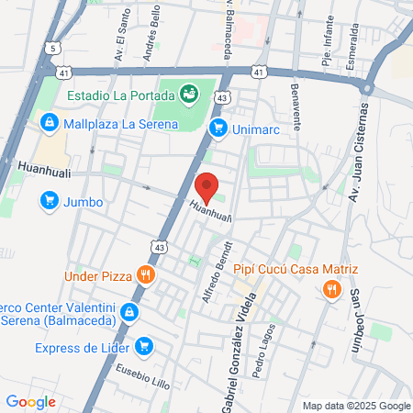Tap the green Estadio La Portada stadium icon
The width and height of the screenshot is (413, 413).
point(190,93)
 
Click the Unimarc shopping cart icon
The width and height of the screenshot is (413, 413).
point(218,129)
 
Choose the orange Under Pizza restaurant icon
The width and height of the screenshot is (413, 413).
point(144,274)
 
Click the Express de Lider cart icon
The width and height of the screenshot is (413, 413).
point(142,347)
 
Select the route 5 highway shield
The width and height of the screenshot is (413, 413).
point(54,47)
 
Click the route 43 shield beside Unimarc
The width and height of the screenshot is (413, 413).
point(222,99)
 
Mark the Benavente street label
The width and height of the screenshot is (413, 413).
point(295,109)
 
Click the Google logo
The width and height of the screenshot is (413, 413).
point(30,402)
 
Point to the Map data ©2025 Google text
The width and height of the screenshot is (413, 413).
point(357,406)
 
